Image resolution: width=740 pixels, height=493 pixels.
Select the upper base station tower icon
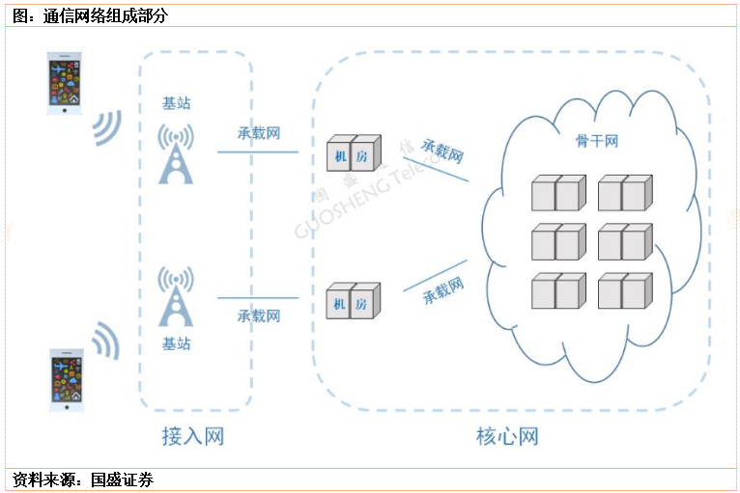coord(176,153)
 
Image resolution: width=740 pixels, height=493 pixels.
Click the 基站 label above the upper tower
coord(177,103)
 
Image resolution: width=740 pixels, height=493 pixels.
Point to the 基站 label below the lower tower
coord(177,342)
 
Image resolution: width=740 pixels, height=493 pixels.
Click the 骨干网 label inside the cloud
coord(596,141)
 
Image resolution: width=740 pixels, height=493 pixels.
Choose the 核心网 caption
coord(507,436)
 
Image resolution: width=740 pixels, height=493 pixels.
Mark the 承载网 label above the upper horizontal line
coord(259,133)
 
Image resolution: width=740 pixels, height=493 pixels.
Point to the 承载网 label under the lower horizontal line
coord(259,315)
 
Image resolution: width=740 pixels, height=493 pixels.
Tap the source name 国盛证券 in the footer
coord(122,479)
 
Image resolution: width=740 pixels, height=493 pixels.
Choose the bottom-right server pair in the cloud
coord(624,289)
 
